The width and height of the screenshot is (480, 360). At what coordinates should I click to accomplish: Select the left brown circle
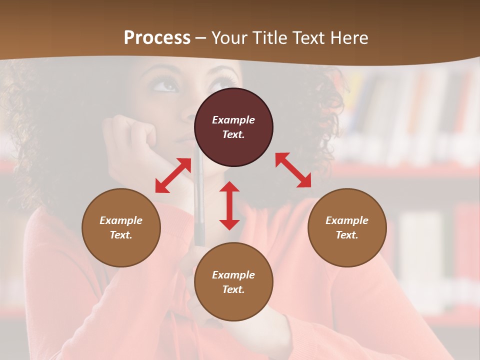coord(121,227)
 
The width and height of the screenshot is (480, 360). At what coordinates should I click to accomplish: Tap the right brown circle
coord(347,227)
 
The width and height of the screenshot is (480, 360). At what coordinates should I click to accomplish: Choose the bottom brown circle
coord(233,282)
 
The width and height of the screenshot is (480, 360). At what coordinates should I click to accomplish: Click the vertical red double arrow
coord(229,205)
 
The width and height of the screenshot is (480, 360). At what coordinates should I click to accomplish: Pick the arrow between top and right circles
coord(293,170)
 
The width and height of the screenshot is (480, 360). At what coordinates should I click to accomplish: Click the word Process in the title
coord(157,38)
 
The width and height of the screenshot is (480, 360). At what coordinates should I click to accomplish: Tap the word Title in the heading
coord(267,38)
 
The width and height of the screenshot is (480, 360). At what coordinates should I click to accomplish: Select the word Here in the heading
coord(348,38)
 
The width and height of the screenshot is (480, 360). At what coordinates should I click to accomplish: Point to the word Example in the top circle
coord(233,120)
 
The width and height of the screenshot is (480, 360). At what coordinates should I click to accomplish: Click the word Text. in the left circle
coord(121,235)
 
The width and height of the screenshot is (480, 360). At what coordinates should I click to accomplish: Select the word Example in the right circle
coord(347,220)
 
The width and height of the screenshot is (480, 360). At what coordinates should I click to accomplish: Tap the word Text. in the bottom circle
coord(233,289)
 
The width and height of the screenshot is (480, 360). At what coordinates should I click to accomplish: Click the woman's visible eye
coord(166,85)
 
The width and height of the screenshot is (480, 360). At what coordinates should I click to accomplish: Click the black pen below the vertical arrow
coord(199,235)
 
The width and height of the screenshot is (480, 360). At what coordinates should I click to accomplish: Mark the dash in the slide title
coord(201,38)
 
